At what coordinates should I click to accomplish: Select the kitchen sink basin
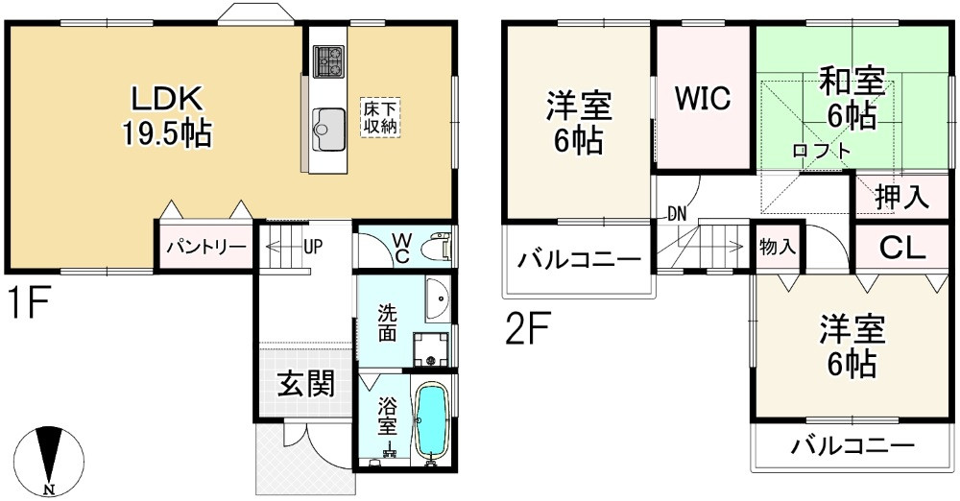(328, 126)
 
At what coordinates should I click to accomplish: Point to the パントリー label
(205, 247)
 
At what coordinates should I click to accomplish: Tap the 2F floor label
(527, 330)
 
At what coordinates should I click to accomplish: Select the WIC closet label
(702, 98)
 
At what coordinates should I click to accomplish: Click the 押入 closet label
(900, 197)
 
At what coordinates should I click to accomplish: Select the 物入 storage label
(777, 247)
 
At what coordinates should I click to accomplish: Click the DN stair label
(677, 213)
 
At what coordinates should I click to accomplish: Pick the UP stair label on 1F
(313, 246)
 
